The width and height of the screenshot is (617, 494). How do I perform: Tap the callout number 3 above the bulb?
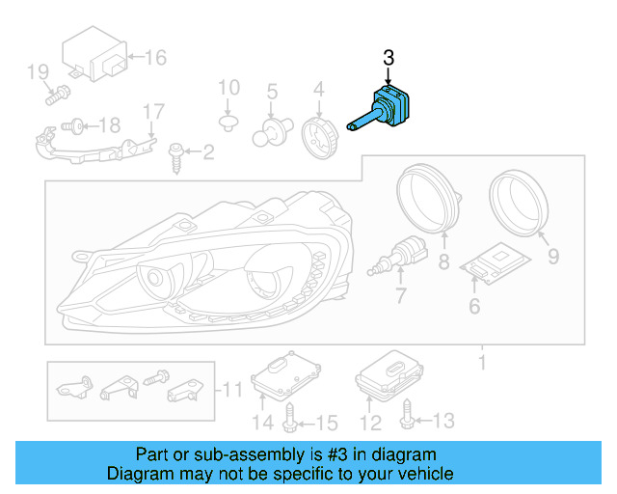pos(389,58)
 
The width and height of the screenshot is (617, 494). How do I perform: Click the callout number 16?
pos(155,58)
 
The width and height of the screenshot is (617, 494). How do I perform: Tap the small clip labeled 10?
pos(228,123)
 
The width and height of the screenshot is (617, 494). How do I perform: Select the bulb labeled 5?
pos(269,130)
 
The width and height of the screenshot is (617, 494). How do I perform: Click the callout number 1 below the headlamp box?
pos(482,364)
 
